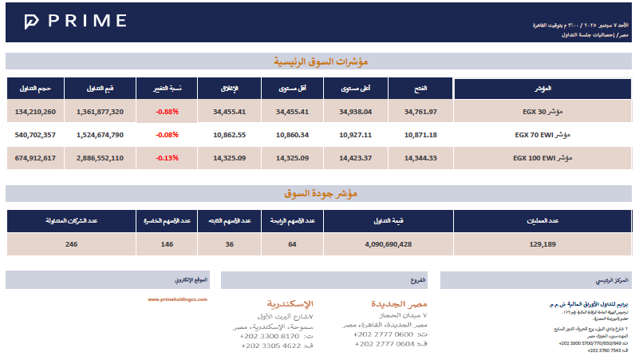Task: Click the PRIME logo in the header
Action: pos(75,21)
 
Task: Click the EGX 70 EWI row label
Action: pos(542,135)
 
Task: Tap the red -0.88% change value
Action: pos(168,112)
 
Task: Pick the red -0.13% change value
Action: pos(168,158)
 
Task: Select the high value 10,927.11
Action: pos(355,135)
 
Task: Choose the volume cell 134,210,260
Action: pos(35,112)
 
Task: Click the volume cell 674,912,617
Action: pos(35,158)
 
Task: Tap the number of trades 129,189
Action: pos(542,244)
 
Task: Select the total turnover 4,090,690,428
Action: pos(388,244)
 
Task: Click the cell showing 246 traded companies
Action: pos(72,244)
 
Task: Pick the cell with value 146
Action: pos(167,244)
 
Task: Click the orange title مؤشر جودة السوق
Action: pos(321,192)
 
